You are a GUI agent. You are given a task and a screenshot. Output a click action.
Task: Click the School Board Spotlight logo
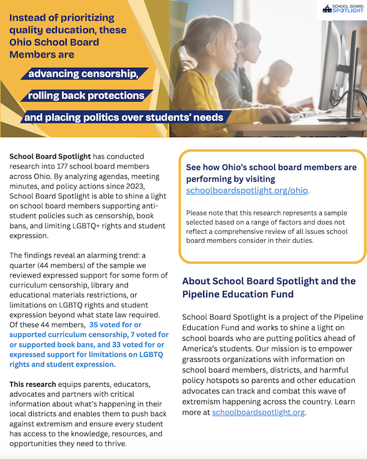tap(344, 9)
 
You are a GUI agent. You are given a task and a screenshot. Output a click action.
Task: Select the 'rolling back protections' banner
tap(86, 95)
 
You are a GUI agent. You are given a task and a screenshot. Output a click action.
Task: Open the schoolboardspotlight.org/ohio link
tap(247, 190)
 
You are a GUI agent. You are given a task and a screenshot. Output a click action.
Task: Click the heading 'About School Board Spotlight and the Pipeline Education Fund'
tap(269, 288)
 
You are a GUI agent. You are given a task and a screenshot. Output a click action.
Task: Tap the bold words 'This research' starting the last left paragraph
tap(32, 384)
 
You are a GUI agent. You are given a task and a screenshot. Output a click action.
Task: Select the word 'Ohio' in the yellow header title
tap(22, 43)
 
